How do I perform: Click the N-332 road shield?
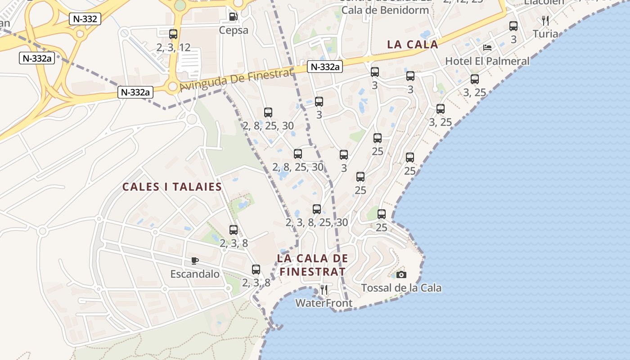(x=85, y=19)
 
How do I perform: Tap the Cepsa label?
(x=234, y=30)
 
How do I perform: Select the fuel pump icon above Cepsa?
(x=233, y=17)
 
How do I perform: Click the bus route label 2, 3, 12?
(x=173, y=47)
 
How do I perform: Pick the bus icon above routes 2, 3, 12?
(x=173, y=34)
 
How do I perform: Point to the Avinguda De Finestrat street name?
(x=237, y=79)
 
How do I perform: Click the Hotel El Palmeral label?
(x=487, y=61)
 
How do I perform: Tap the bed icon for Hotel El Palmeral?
(x=487, y=47)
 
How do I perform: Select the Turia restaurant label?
(x=545, y=34)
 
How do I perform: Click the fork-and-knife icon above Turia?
(x=545, y=20)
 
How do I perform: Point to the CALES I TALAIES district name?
(x=172, y=187)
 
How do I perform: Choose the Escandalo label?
(x=195, y=274)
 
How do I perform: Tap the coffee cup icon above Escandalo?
(x=195, y=261)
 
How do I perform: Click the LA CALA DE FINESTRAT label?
(x=313, y=265)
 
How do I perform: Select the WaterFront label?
(x=324, y=303)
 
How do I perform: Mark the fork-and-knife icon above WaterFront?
(x=324, y=289)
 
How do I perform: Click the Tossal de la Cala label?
(x=401, y=288)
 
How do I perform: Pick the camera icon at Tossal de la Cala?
(x=401, y=274)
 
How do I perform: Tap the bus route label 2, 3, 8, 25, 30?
(x=317, y=222)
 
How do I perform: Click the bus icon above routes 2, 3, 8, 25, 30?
(x=317, y=209)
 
